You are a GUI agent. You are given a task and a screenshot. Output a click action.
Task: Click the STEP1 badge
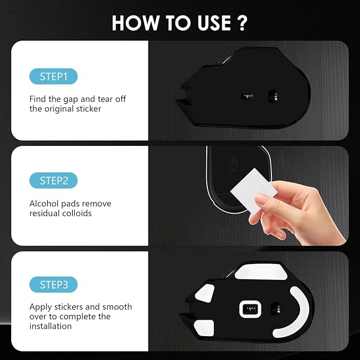[53, 76]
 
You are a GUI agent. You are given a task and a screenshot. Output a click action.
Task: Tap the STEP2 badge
[53, 181]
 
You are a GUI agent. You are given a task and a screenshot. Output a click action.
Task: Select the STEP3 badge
[53, 285]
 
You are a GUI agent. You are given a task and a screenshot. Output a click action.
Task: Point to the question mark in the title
[242, 23]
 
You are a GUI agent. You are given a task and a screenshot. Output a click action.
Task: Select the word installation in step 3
[50, 326]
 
